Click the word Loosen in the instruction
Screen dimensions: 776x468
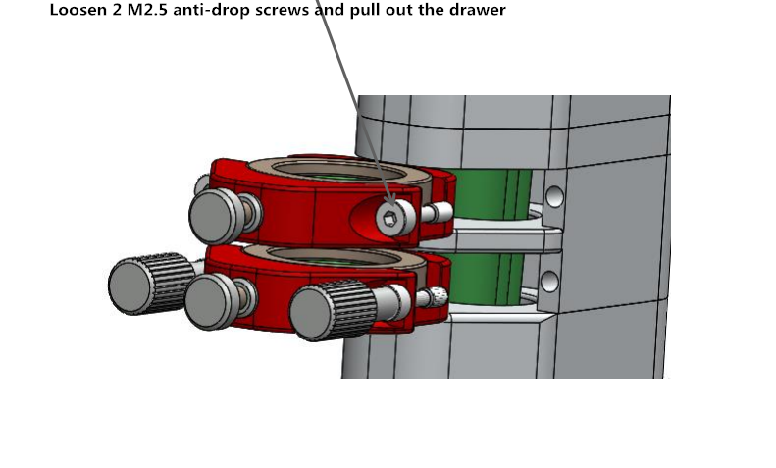[x=78, y=10]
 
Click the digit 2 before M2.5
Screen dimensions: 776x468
[x=117, y=10]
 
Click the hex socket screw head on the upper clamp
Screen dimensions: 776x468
[x=394, y=218]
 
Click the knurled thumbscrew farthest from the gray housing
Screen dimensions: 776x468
[x=150, y=284]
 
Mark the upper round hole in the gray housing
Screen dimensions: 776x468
[x=554, y=196]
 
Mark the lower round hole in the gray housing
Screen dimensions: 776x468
[x=549, y=281]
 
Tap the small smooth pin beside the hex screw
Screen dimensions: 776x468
[x=437, y=213]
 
